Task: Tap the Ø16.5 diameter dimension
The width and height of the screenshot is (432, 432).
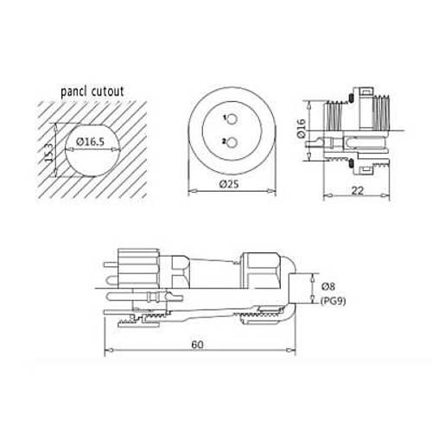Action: click(92, 141)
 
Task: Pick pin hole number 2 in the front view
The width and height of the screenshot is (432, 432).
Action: click(231, 145)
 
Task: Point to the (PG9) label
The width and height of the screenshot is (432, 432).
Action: click(334, 301)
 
